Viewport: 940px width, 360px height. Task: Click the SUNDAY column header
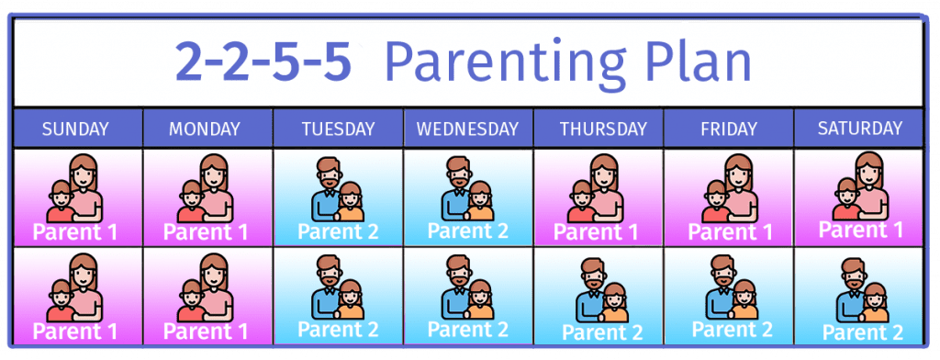[75, 129]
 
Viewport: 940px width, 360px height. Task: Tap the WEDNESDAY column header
[467, 129]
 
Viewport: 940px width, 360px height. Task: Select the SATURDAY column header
[859, 128]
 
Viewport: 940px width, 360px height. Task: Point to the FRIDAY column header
[728, 129]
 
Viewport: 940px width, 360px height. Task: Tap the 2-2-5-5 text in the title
[263, 62]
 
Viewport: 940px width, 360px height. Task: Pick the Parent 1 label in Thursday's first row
[596, 232]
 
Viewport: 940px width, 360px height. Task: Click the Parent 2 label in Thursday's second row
[602, 332]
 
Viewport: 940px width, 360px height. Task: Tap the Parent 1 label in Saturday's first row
[861, 230]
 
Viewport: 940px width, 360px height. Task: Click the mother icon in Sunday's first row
[75, 188]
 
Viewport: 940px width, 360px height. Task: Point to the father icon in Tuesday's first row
[337, 189]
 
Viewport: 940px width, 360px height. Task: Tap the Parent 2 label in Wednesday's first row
[467, 231]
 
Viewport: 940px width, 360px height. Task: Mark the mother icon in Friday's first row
[730, 188]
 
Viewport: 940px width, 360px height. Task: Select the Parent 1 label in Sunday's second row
[75, 332]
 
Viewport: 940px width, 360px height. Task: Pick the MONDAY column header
[205, 129]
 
